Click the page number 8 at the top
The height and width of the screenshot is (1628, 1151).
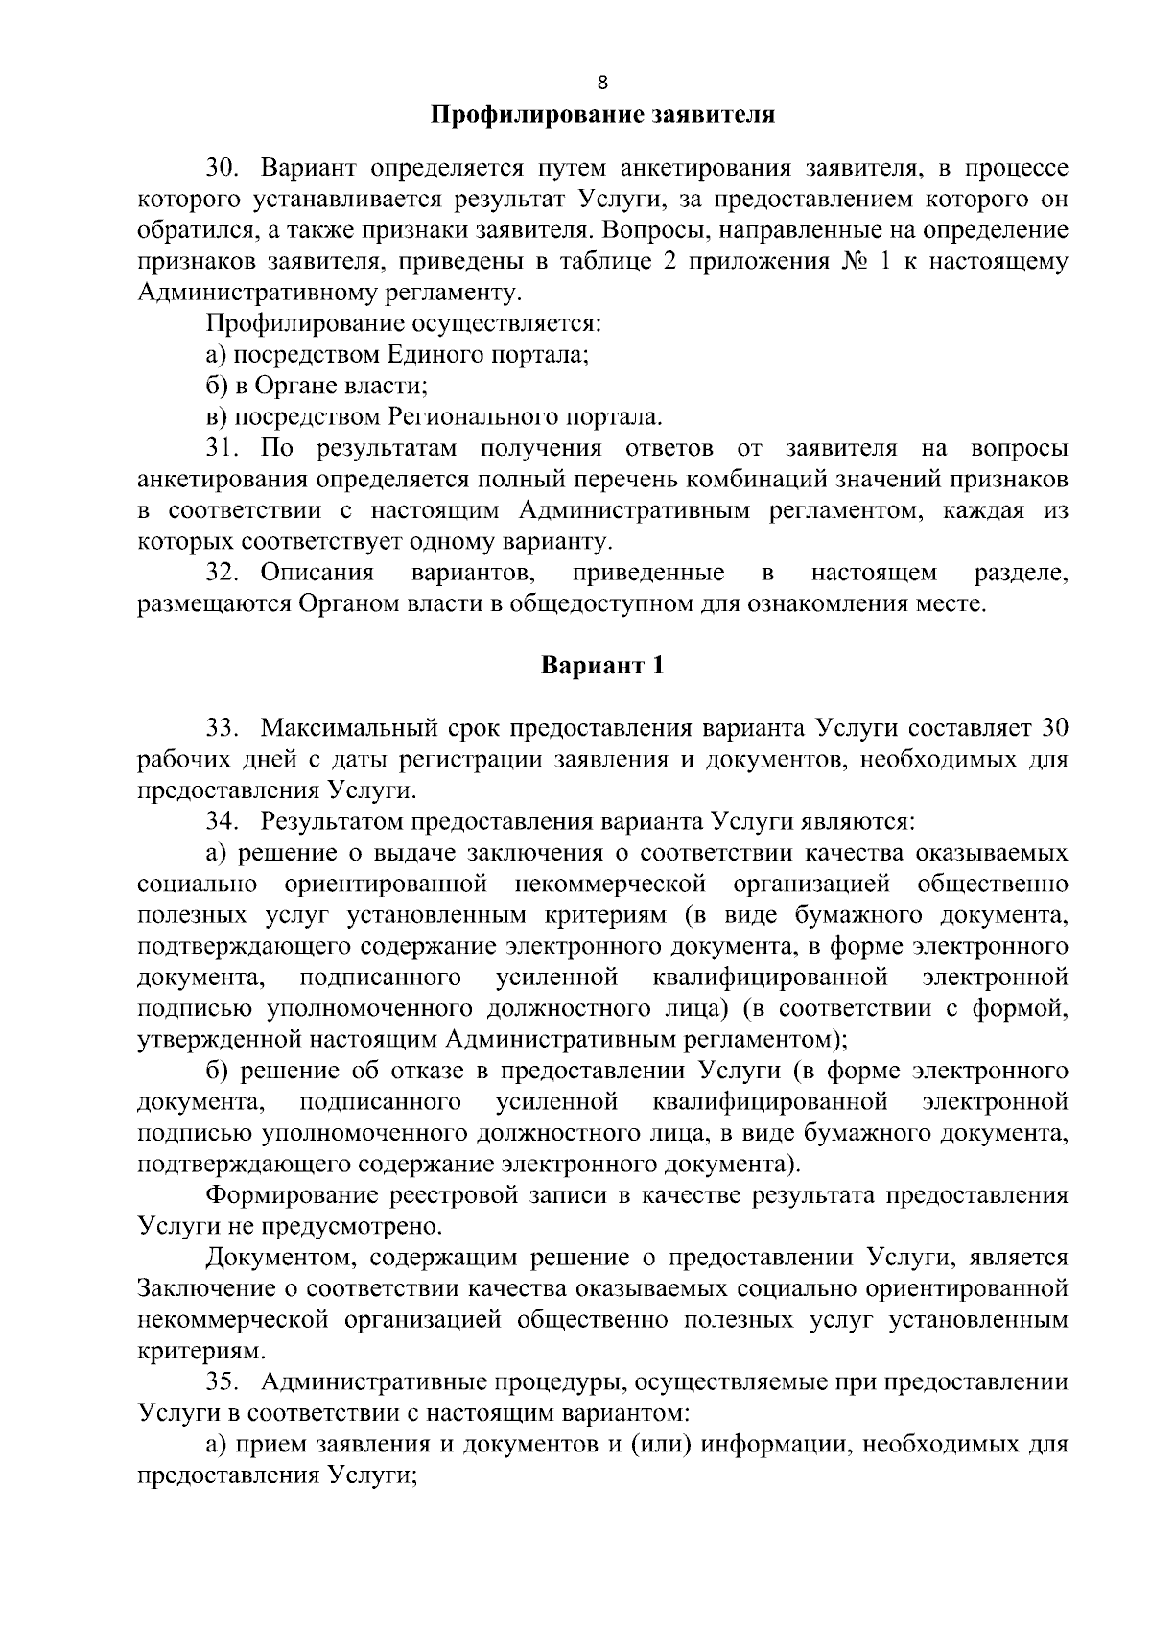(601, 82)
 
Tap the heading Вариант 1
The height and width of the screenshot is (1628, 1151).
(601, 665)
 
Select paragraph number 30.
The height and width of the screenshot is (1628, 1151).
(220, 170)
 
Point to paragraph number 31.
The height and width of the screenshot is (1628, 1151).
(220, 448)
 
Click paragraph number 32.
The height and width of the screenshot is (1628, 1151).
(220, 574)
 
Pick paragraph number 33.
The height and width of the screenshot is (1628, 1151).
(220, 727)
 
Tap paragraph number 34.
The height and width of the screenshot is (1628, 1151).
(220, 821)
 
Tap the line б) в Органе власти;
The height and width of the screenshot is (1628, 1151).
(317, 386)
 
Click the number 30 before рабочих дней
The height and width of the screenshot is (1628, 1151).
(1053, 727)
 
